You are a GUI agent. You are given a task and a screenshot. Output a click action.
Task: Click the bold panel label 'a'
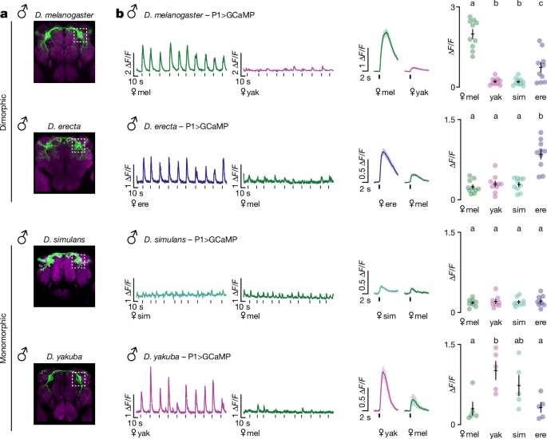(x=6, y=14)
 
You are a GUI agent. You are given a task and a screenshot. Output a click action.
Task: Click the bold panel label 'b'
(x=121, y=14)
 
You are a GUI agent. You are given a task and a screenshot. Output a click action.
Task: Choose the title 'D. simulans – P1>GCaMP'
(x=187, y=239)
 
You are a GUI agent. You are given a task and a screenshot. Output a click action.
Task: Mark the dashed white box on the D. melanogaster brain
(x=83, y=36)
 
